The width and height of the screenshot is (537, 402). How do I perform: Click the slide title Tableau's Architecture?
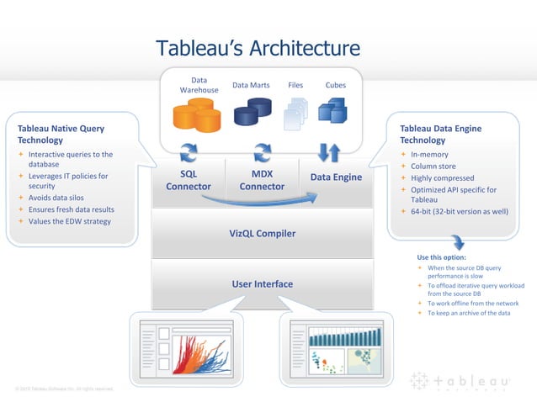[258, 49]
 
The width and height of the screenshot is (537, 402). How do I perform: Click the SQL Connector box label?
[189, 180]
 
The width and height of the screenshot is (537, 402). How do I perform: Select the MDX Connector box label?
[262, 180]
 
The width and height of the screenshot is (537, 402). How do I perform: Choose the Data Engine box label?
[336, 177]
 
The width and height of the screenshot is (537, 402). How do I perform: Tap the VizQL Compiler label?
[263, 232]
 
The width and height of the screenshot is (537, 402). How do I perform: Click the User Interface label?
[263, 284]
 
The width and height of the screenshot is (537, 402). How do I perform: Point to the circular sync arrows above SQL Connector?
[189, 152]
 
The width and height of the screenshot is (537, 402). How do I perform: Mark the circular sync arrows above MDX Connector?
[263, 152]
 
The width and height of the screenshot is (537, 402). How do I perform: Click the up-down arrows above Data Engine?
[328, 152]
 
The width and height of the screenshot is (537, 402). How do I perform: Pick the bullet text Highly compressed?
[443, 178]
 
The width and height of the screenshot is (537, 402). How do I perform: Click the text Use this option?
[441, 257]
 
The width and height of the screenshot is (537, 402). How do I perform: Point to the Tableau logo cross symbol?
[418, 381]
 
